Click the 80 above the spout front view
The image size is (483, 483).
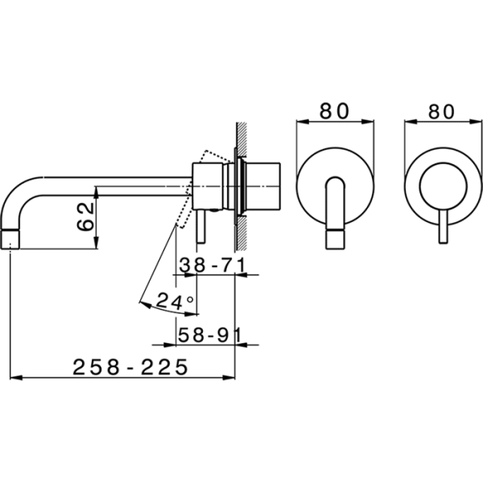click(336, 111)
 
